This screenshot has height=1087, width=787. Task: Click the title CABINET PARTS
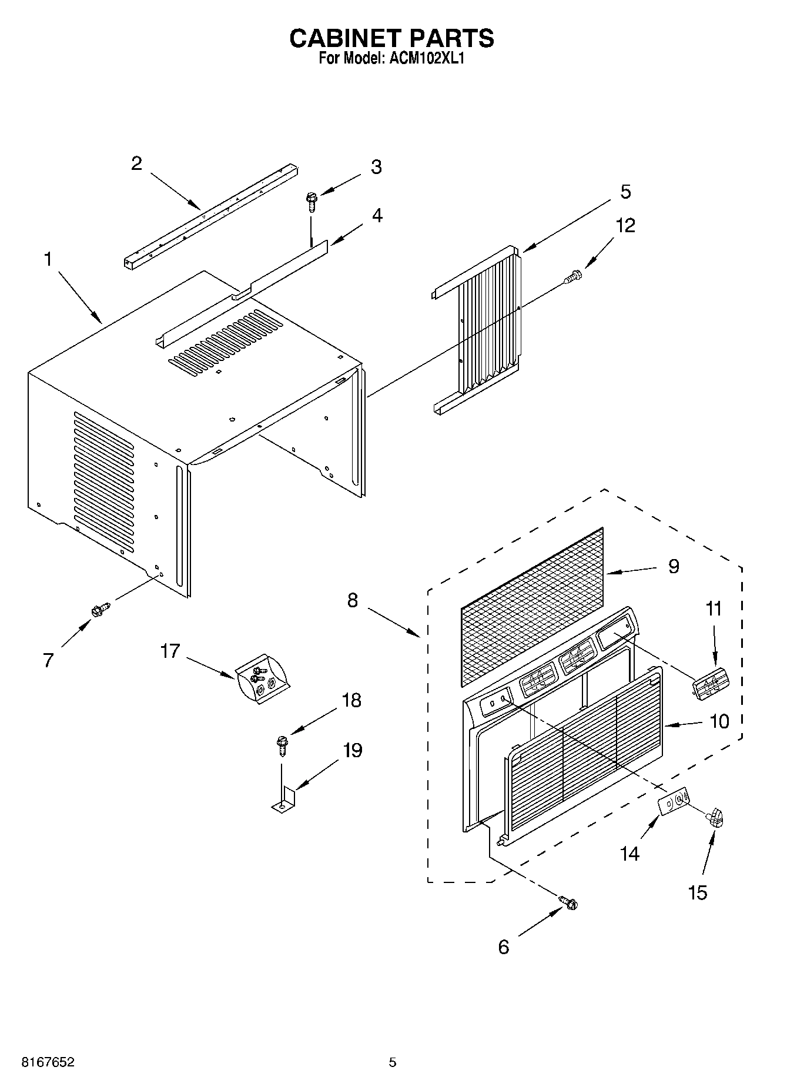click(x=392, y=38)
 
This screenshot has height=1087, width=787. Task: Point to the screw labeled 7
click(x=101, y=610)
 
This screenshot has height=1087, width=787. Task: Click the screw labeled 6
click(x=568, y=902)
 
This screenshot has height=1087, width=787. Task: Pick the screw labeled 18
click(x=282, y=744)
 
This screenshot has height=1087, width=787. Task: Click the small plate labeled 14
click(x=674, y=801)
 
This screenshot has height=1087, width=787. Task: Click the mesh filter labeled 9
click(x=532, y=606)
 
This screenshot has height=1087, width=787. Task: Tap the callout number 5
click(x=625, y=191)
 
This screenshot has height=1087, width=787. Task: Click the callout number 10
click(x=719, y=721)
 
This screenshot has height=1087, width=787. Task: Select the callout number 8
click(x=352, y=600)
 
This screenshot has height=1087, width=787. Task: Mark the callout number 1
click(x=48, y=259)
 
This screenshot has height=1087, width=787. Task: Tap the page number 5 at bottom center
click(x=393, y=1062)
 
